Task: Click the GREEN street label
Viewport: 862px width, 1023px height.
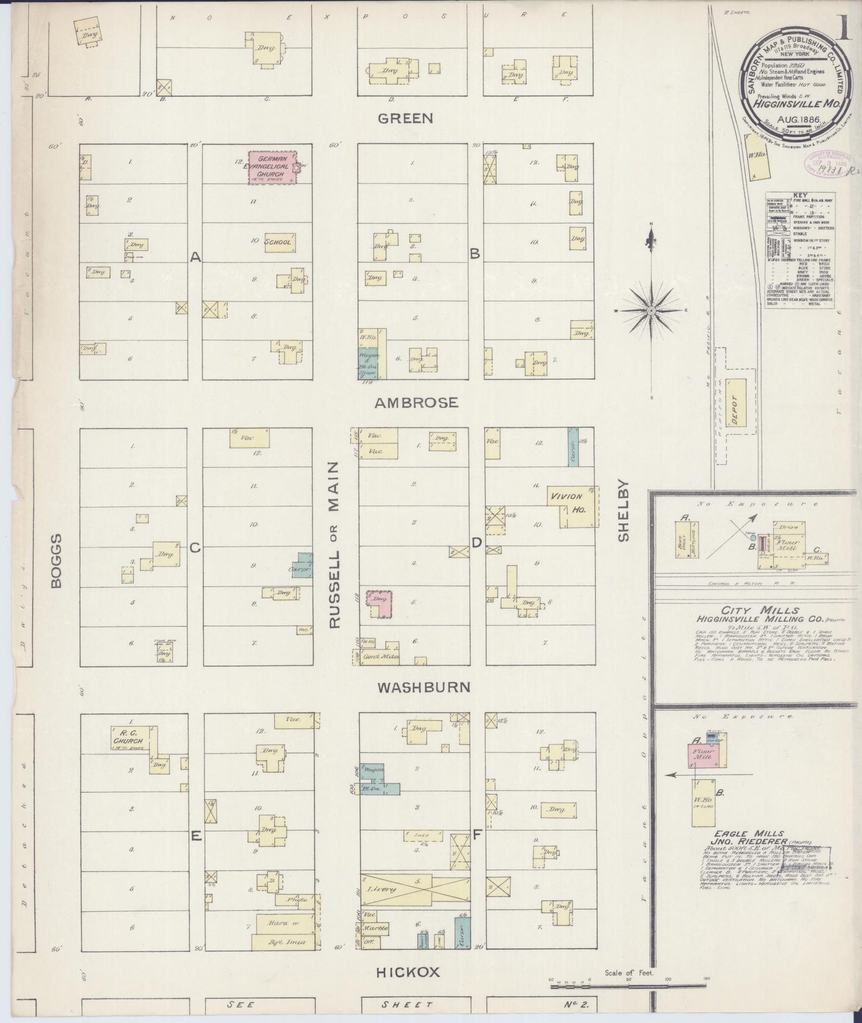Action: coord(405,118)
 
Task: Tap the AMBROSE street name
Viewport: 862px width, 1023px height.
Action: coord(416,403)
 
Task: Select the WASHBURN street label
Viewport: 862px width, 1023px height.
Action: coord(424,687)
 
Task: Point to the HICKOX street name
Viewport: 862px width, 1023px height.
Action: coord(407,972)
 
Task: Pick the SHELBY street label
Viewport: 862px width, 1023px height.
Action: coord(624,510)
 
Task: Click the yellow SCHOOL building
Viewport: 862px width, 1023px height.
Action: coord(279,242)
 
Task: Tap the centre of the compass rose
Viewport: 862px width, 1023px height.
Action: coord(651,310)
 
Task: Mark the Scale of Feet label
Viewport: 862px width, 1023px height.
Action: coord(629,973)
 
